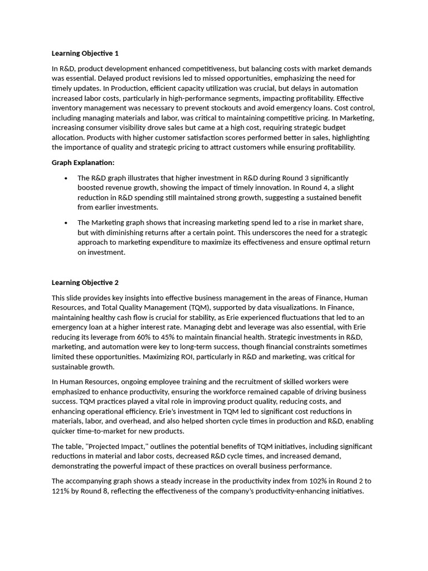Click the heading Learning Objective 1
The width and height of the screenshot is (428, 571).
(x=85, y=54)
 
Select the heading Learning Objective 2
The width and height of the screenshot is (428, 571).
(x=85, y=283)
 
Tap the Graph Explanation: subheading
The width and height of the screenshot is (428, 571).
(x=83, y=162)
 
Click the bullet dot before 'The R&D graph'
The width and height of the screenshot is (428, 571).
(x=66, y=178)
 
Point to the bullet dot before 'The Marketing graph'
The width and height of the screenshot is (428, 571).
(x=66, y=223)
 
